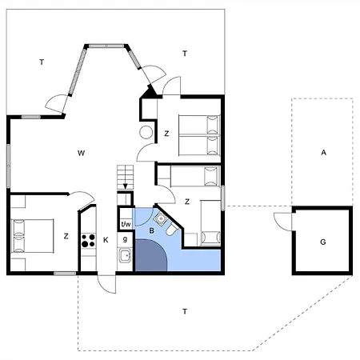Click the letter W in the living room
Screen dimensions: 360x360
[x=81, y=152]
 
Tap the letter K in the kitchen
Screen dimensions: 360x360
[x=106, y=239]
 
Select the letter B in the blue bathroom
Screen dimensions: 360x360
[x=150, y=231]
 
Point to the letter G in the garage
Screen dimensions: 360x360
[x=322, y=241]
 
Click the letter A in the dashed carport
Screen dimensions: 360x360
[x=323, y=152]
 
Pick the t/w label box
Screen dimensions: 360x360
[x=126, y=224]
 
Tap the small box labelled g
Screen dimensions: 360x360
[x=126, y=238]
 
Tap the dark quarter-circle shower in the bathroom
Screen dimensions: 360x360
[x=150, y=258]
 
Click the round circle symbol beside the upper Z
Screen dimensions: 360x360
[x=146, y=133]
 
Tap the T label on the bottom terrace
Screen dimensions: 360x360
[x=185, y=310]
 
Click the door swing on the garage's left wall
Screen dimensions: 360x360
[x=281, y=219]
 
